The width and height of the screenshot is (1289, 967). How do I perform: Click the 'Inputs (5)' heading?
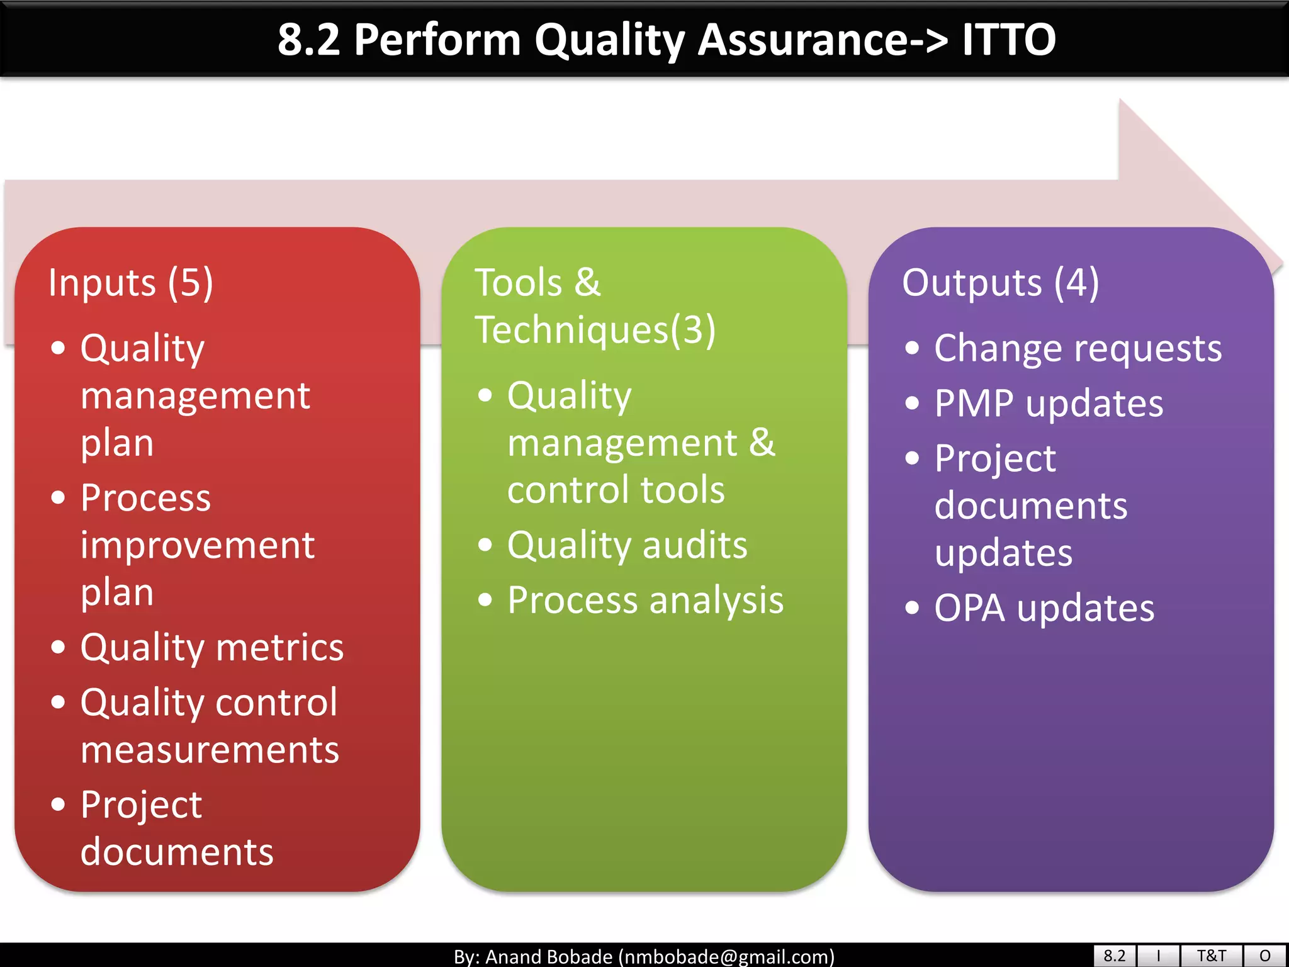click(x=131, y=283)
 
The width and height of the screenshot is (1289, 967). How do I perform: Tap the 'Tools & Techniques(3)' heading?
click(x=594, y=306)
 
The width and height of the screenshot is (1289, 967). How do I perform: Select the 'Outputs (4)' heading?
click(x=1000, y=283)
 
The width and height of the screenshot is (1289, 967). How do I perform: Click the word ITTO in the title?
click(x=1008, y=40)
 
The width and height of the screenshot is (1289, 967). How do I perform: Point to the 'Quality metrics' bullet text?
click(x=212, y=648)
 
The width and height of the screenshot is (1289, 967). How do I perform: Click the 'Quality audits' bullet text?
click(x=627, y=545)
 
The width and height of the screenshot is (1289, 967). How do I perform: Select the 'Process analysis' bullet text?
click(x=645, y=600)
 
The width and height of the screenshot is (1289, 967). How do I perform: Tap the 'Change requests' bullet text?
click(x=1078, y=348)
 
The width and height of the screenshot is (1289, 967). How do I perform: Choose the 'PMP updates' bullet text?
click(x=1049, y=404)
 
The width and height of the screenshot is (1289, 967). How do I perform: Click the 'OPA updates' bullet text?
click(x=1044, y=608)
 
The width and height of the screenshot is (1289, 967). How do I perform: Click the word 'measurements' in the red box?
click(x=210, y=750)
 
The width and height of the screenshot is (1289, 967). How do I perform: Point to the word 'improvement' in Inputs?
click(x=197, y=545)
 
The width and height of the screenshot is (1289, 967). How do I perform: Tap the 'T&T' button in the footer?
click(x=1211, y=956)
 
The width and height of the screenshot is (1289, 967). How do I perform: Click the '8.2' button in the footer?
click(x=1114, y=956)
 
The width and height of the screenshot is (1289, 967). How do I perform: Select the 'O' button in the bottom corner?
click(x=1265, y=956)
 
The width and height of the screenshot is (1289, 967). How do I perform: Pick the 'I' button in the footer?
click(x=1158, y=956)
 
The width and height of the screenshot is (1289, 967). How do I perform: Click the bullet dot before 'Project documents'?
click(x=58, y=804)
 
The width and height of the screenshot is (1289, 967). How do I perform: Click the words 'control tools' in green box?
click(x=616, y=490)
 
